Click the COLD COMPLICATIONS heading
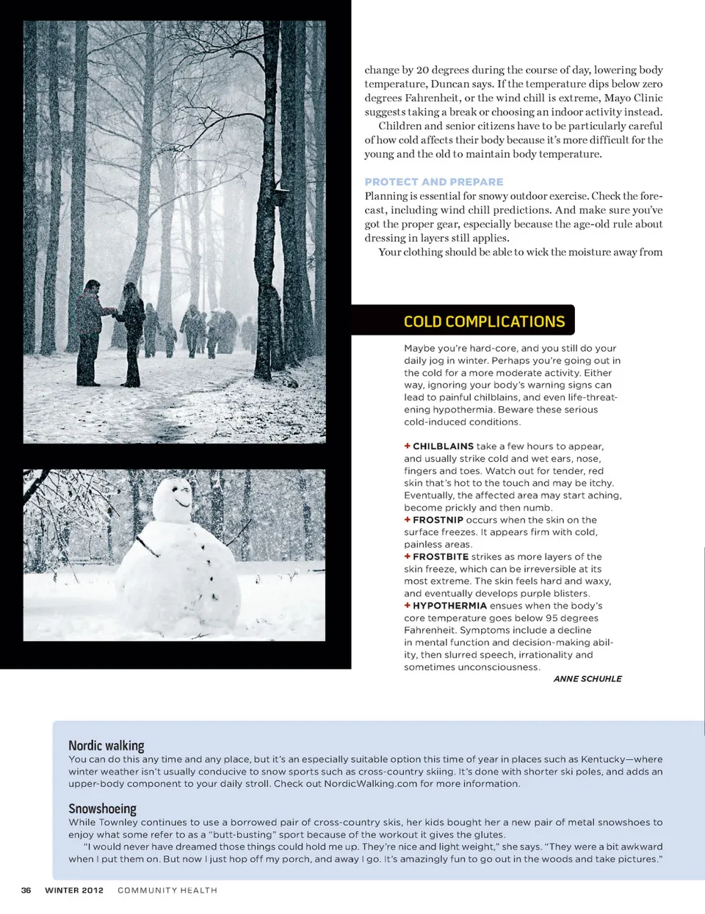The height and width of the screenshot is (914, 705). click(x=484, y=322)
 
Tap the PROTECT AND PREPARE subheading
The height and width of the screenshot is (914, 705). click(x=433, y=182)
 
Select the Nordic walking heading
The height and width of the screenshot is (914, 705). click(x=106, y=745)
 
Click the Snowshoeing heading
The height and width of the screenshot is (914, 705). click(x=102, y=808)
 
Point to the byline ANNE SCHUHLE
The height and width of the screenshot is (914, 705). click(x=587, y=679)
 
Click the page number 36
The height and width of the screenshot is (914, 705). click(x=26, y=891)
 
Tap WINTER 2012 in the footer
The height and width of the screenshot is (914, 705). click(x=74, y=891)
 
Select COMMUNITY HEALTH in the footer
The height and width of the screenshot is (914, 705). click(x=167, y=891)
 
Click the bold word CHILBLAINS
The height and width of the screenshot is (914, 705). click(x=443, y=446)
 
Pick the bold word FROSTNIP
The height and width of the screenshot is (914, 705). click(x=438, y=520)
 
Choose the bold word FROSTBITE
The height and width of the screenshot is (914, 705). click(x=441, y=556)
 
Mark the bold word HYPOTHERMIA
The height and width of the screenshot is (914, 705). click(x=449, y=606)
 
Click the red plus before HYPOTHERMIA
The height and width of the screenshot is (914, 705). click(x=407, y=606)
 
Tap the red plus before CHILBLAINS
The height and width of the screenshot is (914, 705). click(x=407, y=446)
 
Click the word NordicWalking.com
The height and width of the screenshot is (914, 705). click(x=370, y=784)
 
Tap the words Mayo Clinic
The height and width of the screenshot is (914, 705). click(x=633, y=98)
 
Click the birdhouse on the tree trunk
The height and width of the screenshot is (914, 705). click(x=278, y=195)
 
